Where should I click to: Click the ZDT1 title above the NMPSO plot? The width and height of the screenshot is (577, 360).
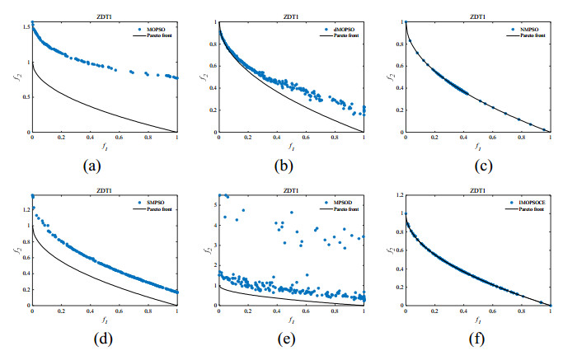click(x=478, y=16)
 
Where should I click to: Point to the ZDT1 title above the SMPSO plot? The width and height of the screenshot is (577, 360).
click(x=105, y=189)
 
